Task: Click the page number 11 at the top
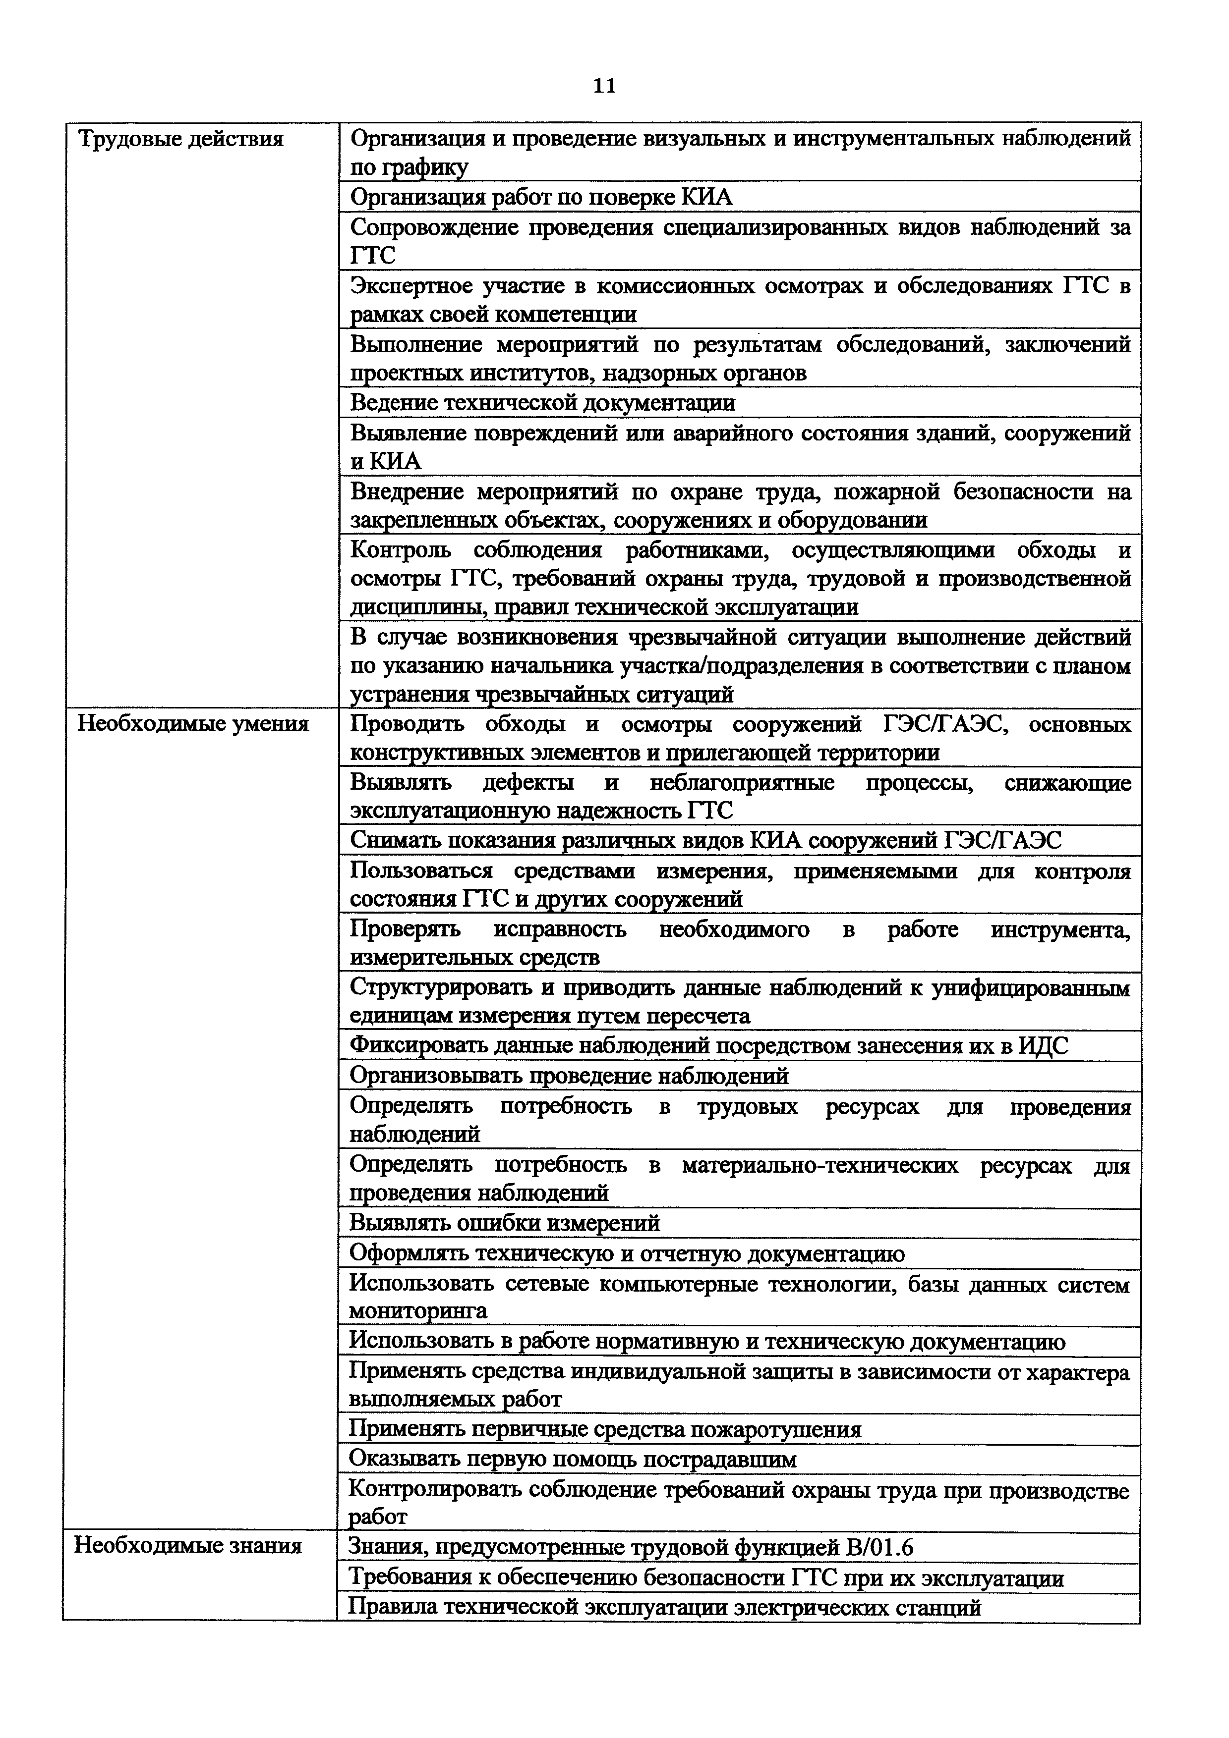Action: click(604, 86)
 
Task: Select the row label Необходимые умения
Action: click(193, 724)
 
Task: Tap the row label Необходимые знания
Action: click(188, 1545)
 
